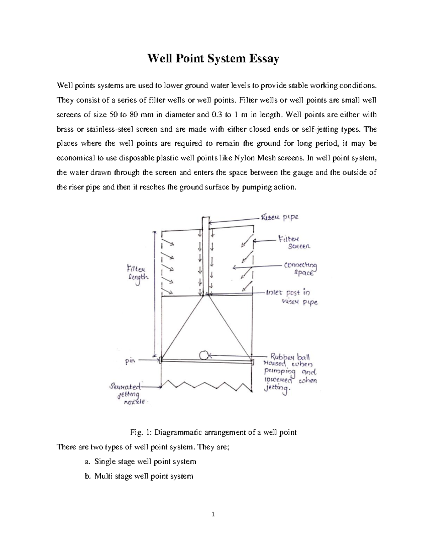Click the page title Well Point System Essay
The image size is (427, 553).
pos(213,58)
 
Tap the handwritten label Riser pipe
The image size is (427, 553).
pos(279,217)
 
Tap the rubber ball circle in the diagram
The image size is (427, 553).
pos(204,355)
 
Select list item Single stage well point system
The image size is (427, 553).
pos(145,461)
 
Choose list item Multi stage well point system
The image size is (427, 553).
pos(143,476)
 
